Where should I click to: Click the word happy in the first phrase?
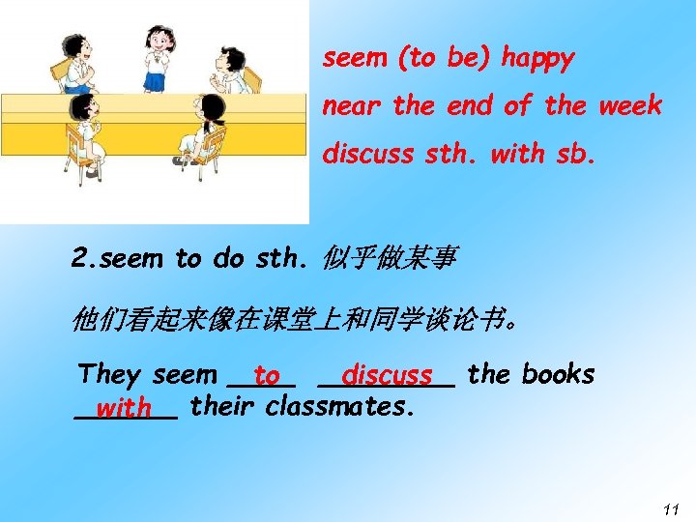pyautogui.click(x=537, y=59)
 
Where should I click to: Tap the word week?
pyautogui.click(x=629, y=105)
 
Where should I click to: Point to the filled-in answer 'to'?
pyautogui.click(x=267, y=375)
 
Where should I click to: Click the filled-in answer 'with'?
pyautogui.click(x=123, y=409)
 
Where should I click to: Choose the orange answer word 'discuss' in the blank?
pyautogui.click(x=387, y=375)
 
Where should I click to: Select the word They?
pyautogui.click(x=110, y=373)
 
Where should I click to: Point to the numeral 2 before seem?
pyautogui.click(x=80, y=259)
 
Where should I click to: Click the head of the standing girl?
pyautogui.click(x=159, y=39)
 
